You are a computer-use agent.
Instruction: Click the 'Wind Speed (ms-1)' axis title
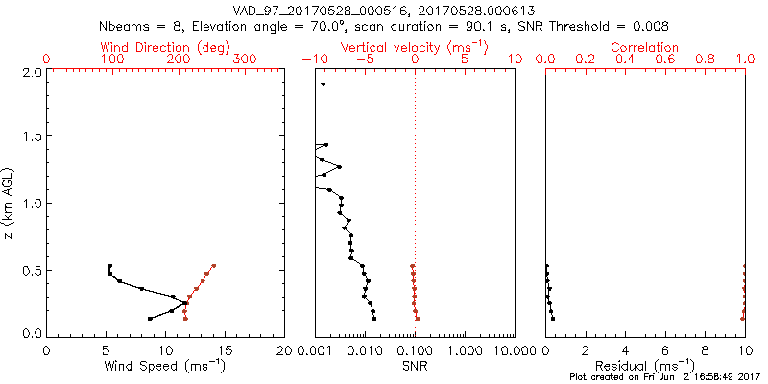165,366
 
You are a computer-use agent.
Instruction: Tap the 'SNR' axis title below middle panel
415,366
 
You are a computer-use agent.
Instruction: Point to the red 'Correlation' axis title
645,47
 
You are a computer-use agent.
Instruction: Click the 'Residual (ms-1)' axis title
645,366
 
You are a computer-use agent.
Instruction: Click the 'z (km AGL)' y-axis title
9,203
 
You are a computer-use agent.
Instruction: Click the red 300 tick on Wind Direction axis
246,60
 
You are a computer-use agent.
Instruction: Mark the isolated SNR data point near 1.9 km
324,84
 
